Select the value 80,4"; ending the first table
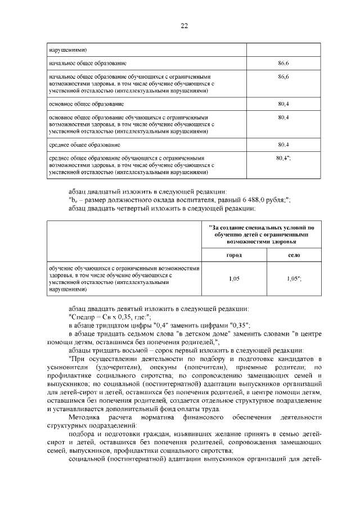pos(283,159)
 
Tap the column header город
pos(234,255)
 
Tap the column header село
pos(294,255)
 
